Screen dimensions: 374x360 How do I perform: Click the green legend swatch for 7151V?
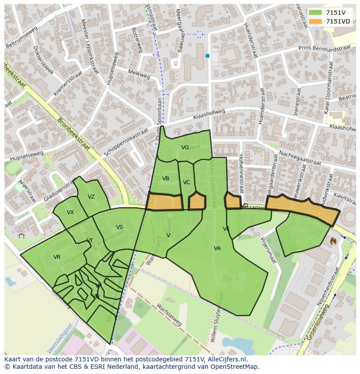pos(316,13)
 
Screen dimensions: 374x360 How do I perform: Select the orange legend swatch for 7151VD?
pos(316,21)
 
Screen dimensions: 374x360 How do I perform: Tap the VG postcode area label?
pos(185,148)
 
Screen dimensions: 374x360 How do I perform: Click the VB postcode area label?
pos(166,179)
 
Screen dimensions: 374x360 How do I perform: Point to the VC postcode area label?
pos(187,182)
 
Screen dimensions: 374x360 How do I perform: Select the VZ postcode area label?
pos(91,197)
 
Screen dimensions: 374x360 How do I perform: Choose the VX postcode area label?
pos(70,212)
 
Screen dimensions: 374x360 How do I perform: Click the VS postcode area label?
pos(120,227)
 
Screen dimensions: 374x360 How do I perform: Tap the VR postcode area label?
pos(57,257)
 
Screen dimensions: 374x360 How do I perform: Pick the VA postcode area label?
pos(217,248)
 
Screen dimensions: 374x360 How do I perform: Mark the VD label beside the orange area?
pos(245,205)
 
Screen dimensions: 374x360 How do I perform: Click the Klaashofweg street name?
pos(210,115)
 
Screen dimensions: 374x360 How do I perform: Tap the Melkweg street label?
pos(139,75)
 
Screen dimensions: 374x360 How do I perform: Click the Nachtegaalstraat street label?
pos(300,158)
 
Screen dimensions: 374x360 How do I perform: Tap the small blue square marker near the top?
pos(207,56)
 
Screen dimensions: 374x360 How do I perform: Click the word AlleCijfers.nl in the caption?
pos(226,359)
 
